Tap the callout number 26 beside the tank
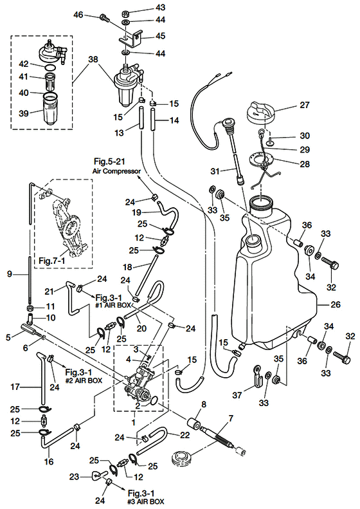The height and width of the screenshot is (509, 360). click(x=336, y=304)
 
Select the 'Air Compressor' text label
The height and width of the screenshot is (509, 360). click(x=117, y=171)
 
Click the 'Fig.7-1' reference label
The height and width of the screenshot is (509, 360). click(x=52, y=261)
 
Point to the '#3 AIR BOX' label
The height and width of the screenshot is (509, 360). click(x=146, y=501)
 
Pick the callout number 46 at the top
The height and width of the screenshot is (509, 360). click(x=78, y=15)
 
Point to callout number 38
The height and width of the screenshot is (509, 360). click(x=93, y=59)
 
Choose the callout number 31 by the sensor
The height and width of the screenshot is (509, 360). click(x=215, y=171)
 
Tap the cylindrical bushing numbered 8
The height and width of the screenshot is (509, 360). click(x=195, y=424)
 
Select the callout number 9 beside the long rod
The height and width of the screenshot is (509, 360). click(x=10, y=274)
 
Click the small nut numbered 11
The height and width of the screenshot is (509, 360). click(x=30, y=307)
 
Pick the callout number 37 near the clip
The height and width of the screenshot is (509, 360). click(x=238, y=395)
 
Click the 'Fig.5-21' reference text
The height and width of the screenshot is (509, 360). click(x=109, y=161)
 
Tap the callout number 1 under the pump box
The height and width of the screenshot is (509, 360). click(x=133, y=423)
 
